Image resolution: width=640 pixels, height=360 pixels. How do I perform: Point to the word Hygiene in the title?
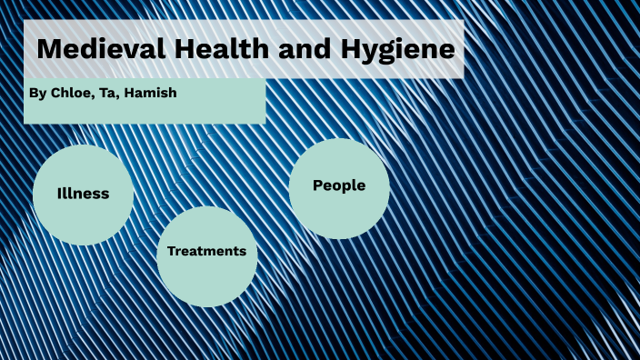pyautogui.click(x=396, y=50)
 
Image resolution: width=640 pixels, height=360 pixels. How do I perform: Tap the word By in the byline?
pyautogui.click(x=36, y=93)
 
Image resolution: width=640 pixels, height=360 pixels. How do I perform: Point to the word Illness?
pyautogui.click(x=83, y=194)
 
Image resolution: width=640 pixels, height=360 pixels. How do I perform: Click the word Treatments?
pyautogui.click(x=206, y=251)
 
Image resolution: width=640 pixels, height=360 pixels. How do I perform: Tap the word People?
pyautogui.click(x=339, y=185)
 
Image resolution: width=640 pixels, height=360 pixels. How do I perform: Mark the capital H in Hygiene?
pyautogui.click(x=349, y=49)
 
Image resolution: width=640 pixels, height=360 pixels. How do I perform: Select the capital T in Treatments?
pyautogui.click(x=171, y=251)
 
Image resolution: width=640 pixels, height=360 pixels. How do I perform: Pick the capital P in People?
pyautogui.click(x=318, y=185)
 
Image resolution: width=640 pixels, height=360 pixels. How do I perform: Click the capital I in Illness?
pyautogui.click(x=59, y=194)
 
